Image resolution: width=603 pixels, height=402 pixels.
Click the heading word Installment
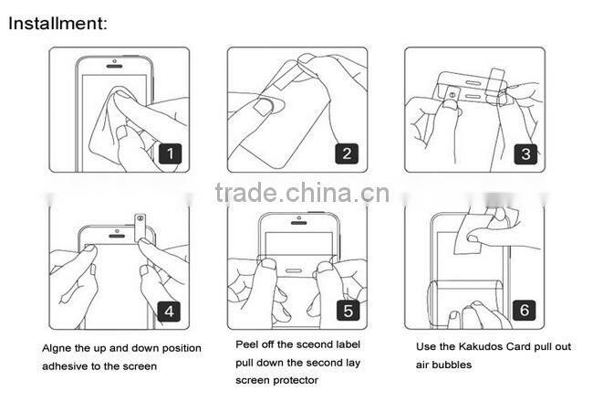pyautogui.click(x=57, y=22)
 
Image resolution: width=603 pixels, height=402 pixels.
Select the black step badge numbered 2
pyautogui.click(x=346, y=153)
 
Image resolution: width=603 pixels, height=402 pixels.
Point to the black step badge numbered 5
pyautogui.click(x=348, y=311)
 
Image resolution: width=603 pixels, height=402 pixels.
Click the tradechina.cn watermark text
pyautogui.click(x=302, y=192)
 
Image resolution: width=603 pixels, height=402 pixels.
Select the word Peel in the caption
pyautogui.click(x=247, y=344)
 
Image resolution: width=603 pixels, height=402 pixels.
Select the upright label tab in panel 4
pyautogui.click(x=140, y=225)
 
